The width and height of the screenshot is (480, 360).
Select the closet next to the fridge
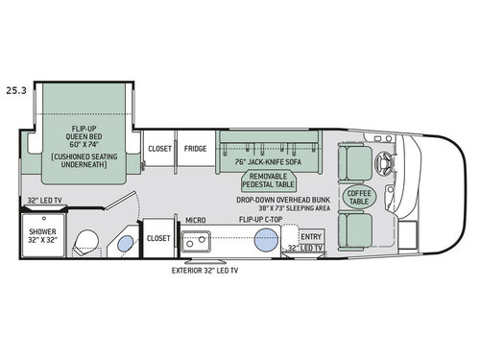158,149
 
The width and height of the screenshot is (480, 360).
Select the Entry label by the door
311,236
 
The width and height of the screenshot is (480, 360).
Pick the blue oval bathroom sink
125,244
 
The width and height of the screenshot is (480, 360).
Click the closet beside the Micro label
158,237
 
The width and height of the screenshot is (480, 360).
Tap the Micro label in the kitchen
197,220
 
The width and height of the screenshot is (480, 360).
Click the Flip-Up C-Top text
260,220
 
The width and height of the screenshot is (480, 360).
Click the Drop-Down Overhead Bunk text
284,199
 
